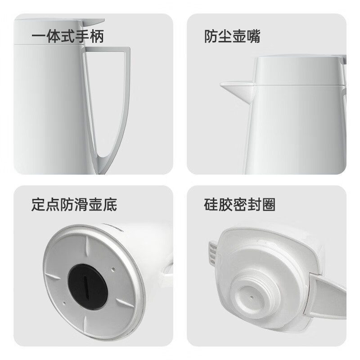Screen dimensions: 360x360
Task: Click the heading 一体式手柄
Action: (x=68, y=36)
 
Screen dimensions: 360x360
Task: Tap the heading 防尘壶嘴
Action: (x=232, y=36)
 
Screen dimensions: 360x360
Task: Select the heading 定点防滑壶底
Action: (x=74, y=204)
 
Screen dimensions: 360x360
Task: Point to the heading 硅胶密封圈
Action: (x=239, y=204)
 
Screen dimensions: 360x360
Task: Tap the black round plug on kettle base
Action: (x=88, y=283)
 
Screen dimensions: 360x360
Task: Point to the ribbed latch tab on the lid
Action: (x=213, y=254)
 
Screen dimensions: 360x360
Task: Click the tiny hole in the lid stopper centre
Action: (x=252, y=297)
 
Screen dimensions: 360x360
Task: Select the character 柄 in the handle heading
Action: (x=97, y=36)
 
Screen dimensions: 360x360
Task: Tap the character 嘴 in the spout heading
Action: (x=253, y=36)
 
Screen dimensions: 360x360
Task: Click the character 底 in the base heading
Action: (x=110, y=204)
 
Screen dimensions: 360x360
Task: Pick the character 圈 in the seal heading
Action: (x=268, y=204)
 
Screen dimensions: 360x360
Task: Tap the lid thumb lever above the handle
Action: (x=93, y=22)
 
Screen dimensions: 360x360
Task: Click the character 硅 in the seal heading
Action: (x=211, y=204)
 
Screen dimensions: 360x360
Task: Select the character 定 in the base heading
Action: (x=38, y=204)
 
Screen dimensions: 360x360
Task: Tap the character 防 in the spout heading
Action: (x=211, y=36)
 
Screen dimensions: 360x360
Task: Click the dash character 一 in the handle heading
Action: (x=39, y=36)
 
